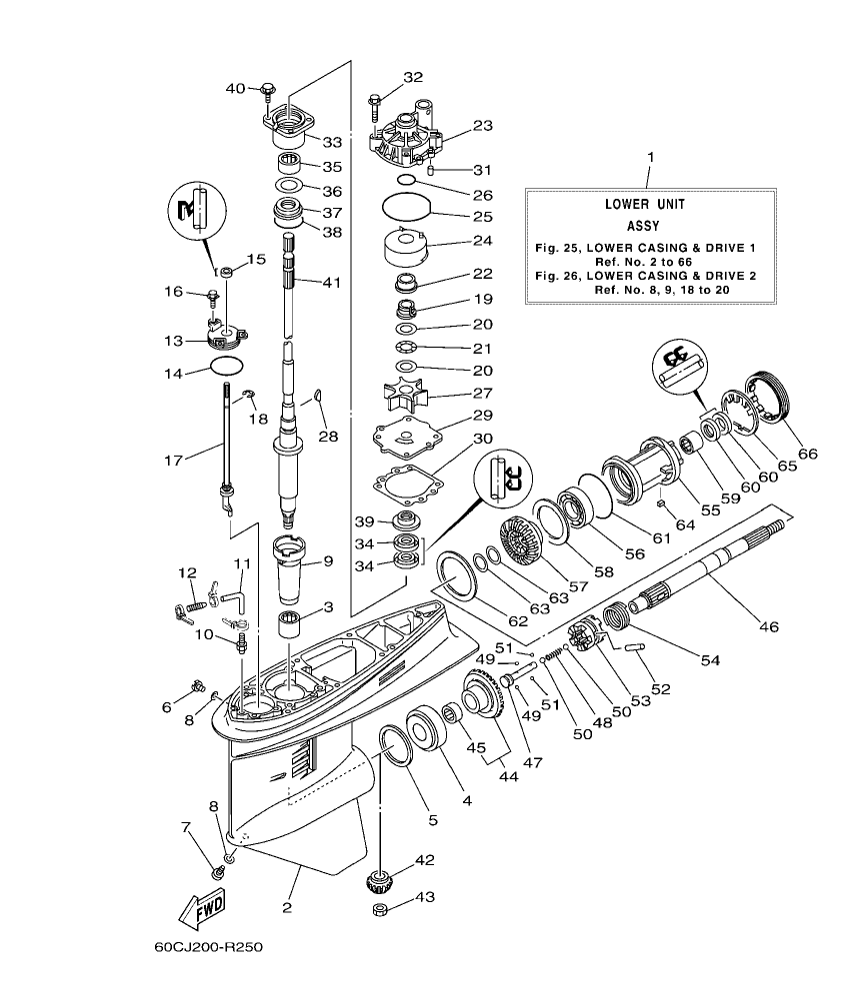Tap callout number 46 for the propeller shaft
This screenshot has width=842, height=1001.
point(768,626)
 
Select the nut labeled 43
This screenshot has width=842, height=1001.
point(381,910)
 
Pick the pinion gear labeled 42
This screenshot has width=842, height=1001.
point(382,879)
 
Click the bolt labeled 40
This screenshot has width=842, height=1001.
point(267,91)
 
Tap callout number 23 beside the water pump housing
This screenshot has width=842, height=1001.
point(483,126)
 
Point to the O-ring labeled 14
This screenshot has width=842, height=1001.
point(228,367)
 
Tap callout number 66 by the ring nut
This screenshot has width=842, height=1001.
point(807,454)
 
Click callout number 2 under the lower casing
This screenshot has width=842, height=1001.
point(287,908)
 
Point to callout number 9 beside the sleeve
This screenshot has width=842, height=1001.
point(326,561)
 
